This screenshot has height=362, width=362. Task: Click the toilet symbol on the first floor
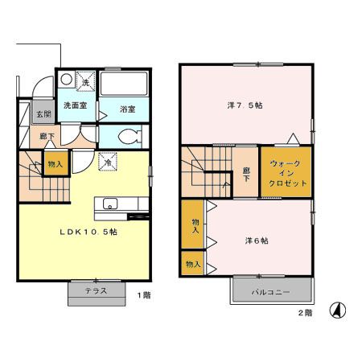click(130, 137)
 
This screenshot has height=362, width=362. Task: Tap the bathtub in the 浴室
click(124, 83)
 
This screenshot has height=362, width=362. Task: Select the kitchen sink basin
click(110, 204)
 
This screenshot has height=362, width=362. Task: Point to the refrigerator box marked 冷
click(108, 162)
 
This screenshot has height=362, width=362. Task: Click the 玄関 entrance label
click(43, 114)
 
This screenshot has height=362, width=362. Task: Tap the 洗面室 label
click(76, 105)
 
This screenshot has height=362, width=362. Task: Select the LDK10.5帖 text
click(88, 232)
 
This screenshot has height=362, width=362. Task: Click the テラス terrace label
click(96, 290)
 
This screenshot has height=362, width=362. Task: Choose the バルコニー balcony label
click(270, 292)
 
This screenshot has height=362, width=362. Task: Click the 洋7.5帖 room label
click(245, 105)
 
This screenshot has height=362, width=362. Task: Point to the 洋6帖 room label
click(257, 241)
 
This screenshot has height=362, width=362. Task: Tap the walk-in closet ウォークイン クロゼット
click(286, 172)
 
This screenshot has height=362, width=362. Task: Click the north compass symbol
click(338, 311)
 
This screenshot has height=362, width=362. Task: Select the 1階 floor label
click(144, 295)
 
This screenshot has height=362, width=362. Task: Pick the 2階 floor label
click(306, 313)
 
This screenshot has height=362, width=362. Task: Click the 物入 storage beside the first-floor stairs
click(56, 163)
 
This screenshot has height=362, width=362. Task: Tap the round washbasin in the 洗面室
click(66, 79)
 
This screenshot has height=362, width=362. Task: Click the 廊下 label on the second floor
click(246, 174)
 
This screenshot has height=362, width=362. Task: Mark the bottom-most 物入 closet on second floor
click(192, 264)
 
